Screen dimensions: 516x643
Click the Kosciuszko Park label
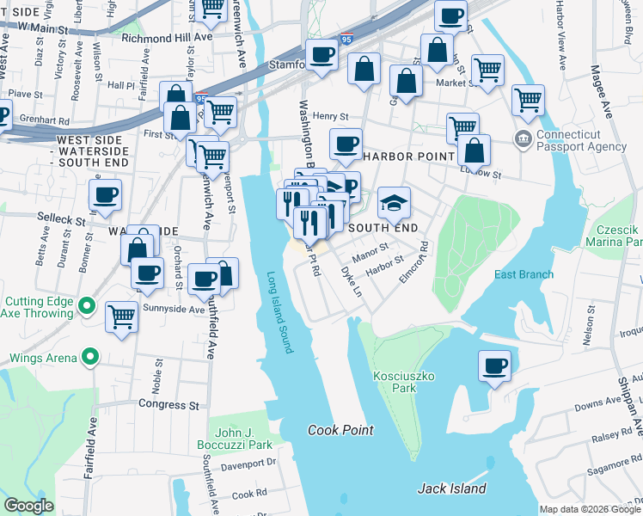pyautogui.click(x=395, y=382)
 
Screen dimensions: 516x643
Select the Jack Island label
pyautogui.click(x=451, y=488)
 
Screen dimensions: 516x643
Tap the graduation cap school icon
pyautogui.click(x=395, y=203)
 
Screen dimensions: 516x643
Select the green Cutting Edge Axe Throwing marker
pyautogui.click(x=86, y=306)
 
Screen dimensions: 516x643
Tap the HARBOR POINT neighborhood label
pyautogui.click(x=407, y=157)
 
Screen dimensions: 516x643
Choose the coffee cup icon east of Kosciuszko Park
pyautogui.click(x=495, y=366)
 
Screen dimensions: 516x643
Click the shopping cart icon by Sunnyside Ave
pyautogui.click(x=121, y=316)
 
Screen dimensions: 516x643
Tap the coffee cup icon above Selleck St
pyautogui.click(x=105, y=195)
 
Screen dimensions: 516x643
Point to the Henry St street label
pyautogui.click(x=330, y=116)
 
